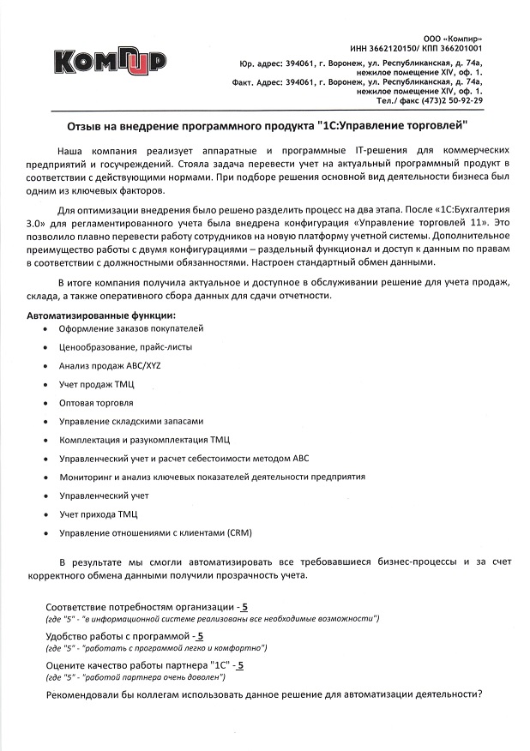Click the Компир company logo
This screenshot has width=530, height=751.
[x=109, y=61]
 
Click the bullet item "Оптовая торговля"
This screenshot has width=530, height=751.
[x=96, y=402]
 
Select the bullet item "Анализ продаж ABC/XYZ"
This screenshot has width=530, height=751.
[x=110, y=365]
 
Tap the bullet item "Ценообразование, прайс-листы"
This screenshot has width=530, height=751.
[x=126, y=346]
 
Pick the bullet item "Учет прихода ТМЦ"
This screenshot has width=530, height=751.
[x=98, y=514]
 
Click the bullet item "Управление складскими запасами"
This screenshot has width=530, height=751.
[x=131, y=421]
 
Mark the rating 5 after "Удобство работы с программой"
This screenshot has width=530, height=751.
[x=200, y=636]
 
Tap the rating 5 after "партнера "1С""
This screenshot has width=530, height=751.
[x=241, y=664]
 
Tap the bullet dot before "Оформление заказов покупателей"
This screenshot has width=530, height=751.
[x=45, y=329]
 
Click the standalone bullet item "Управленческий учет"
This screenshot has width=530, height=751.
[x=104, y=496]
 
